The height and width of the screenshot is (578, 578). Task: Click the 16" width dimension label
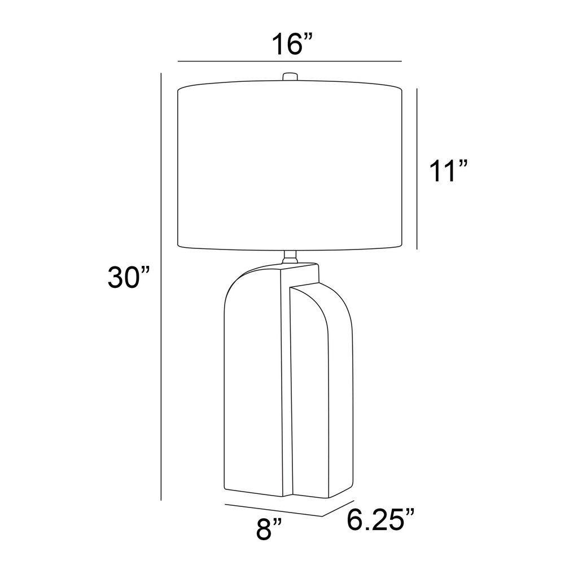pos(292,44)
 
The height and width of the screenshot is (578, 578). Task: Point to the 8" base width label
pos(269,529)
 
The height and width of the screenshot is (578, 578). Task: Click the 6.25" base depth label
pos(381,519)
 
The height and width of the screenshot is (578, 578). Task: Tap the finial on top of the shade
pos(290,77)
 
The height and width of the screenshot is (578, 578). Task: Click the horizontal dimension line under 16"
pos(290,61)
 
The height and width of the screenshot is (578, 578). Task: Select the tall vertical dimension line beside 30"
pos(161,287)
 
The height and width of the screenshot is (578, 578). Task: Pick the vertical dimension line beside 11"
pos(417,169)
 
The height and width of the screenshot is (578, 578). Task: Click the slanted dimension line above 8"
pos(274,510)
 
